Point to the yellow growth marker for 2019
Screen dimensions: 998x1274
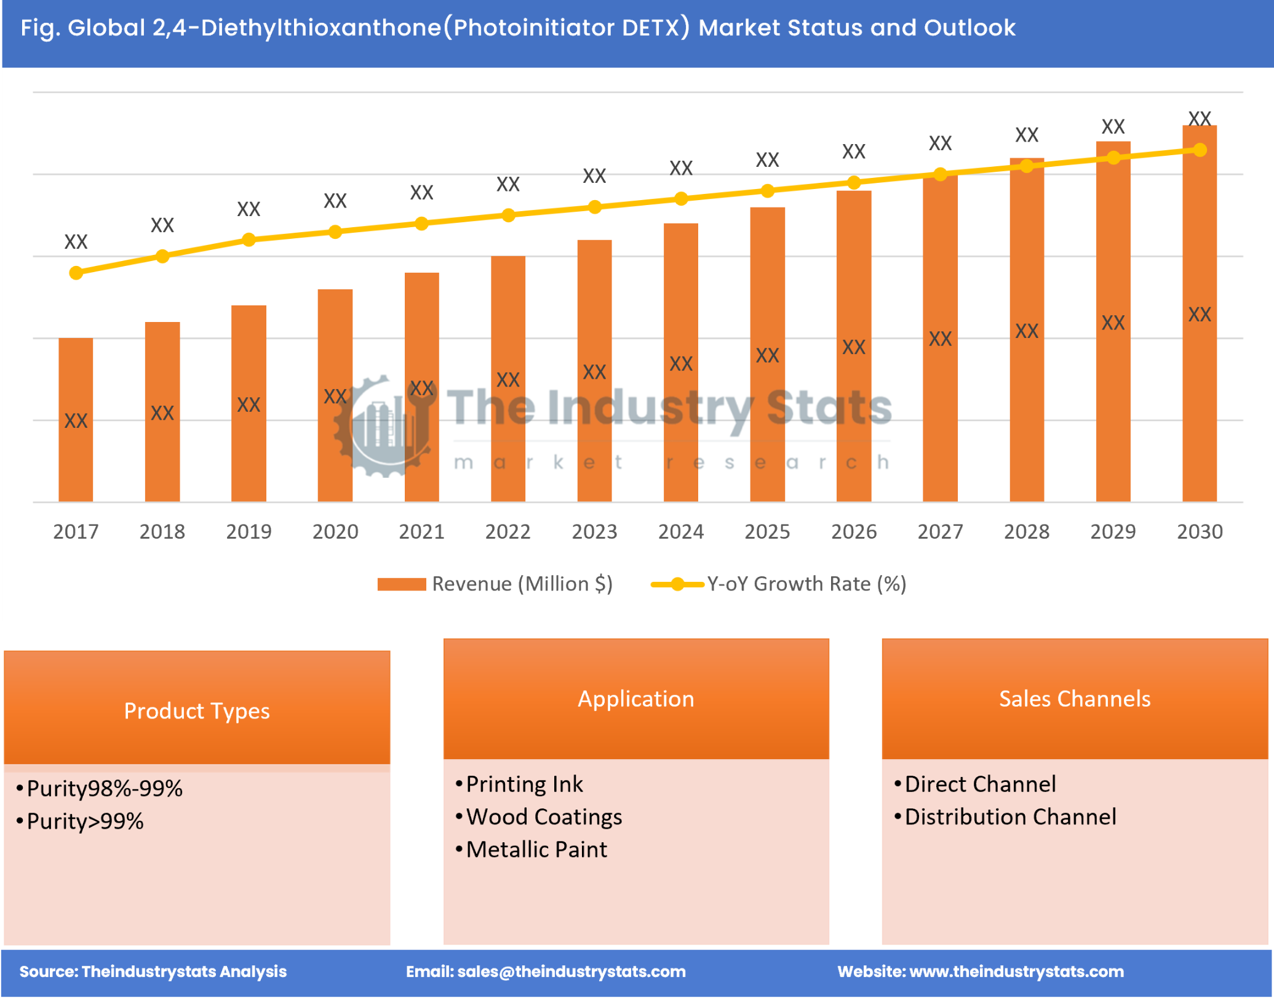(x=249, y=239)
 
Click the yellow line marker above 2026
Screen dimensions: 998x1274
(x=853, y=182)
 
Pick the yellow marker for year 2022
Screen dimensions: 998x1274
(x=508, y=215)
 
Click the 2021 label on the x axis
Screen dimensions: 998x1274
(x=421, y=531)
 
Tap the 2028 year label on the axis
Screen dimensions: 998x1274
(x=1026, y=531)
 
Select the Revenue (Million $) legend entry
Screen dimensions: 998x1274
(x=495, y=584)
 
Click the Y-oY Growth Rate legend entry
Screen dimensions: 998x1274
(x=779, y=584)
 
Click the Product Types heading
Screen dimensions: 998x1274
(x=197, y=710)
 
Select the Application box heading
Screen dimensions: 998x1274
(x=636, y=699)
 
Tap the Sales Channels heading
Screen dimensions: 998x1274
(x=1074, y=699)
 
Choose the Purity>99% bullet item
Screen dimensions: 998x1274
(x=85, y=821)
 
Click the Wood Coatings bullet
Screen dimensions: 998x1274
(x=544, y=817)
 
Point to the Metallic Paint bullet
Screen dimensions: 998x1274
(x=536, y=850)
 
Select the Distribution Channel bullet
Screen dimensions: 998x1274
(x=1009, y=817)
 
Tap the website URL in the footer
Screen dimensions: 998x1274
(x=1016, y=972)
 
